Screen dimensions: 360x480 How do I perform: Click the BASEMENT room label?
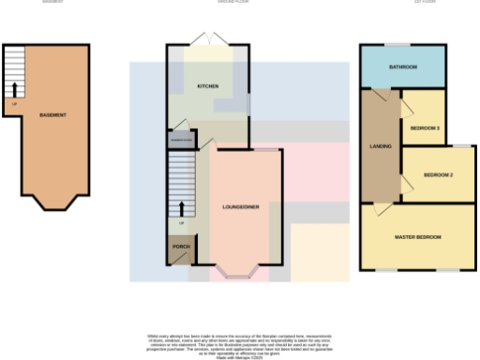[52, 115]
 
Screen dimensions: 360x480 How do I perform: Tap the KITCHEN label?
[207, 86]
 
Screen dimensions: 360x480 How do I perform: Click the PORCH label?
[181, 247]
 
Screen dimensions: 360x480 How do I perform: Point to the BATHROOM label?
[405, 67]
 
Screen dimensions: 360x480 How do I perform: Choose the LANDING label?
[380, 147]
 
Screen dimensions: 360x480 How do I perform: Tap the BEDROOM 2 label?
[438, 175]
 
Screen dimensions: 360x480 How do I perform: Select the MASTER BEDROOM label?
[417, 237]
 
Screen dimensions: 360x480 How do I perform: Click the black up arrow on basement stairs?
[15, 90]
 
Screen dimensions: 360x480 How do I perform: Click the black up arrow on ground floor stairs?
[181, 208]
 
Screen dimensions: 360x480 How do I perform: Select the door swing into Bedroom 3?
[409, 107]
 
